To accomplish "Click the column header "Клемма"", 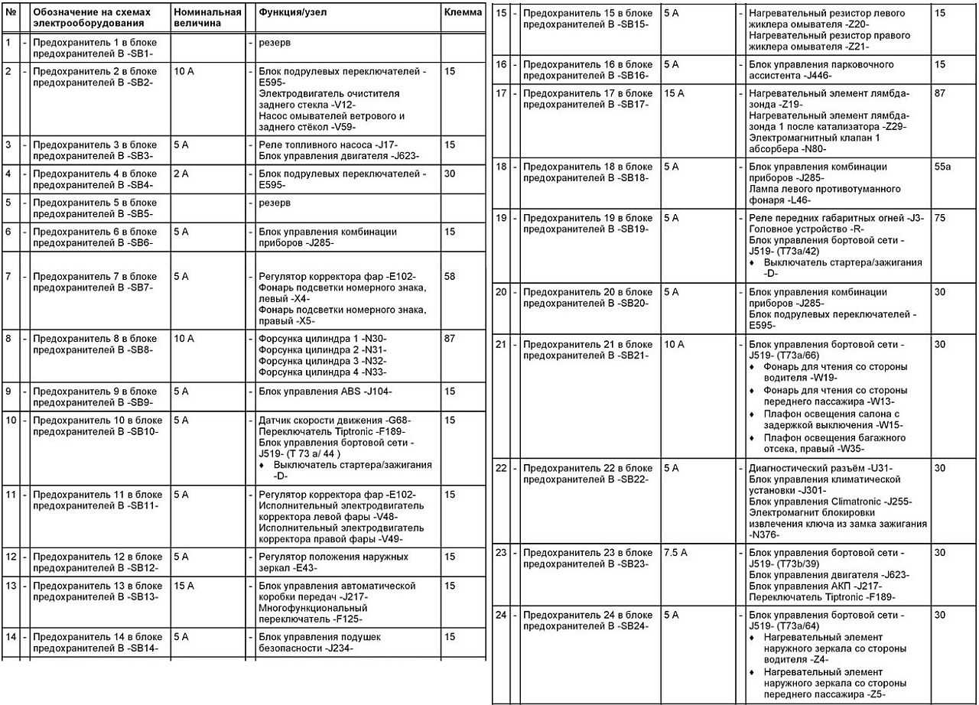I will coord(463,12).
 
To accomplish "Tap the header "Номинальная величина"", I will coord(207,18).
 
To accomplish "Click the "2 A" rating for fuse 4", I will coord(181,174).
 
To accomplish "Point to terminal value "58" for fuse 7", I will coord(449,276).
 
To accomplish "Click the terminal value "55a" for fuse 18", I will coord(944,166).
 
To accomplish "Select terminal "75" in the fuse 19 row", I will coord(940,218).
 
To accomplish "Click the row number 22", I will coord(501,468).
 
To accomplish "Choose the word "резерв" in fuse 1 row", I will coord(274,42).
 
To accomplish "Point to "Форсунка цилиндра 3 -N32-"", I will coord(322,361).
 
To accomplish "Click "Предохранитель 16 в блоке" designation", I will coord(587,64).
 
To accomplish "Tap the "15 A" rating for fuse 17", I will coord(674,93).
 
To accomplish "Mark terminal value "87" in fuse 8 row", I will coord(449,339).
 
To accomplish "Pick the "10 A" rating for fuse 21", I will coord(674,345).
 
